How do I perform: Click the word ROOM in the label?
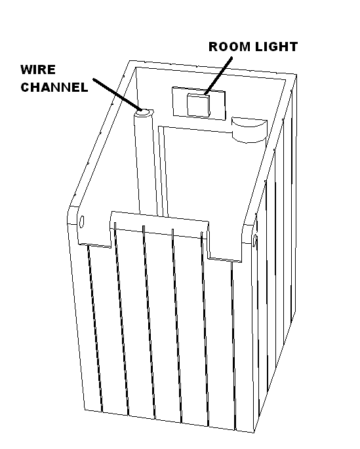point(230,47)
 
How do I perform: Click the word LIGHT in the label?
point(276,47)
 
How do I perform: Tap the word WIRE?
point(38,69)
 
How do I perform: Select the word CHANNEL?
point(54,87)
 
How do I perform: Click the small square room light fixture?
point(198,106)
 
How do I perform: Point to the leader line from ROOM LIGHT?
point(218,75)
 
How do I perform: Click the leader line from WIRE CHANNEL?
point(117,94)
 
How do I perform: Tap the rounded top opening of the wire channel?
point(144,113)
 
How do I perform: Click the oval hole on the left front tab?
point(81,222)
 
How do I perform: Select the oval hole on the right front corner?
point(254,240)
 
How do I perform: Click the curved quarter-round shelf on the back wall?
point(249,129)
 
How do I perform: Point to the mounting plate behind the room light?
point(199,104)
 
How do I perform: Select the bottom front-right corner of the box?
point(254,433)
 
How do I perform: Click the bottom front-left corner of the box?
point(85,410)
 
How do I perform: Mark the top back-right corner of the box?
point(296,75)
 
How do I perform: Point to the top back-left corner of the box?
point(130,61)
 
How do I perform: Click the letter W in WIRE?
point(27,69)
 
